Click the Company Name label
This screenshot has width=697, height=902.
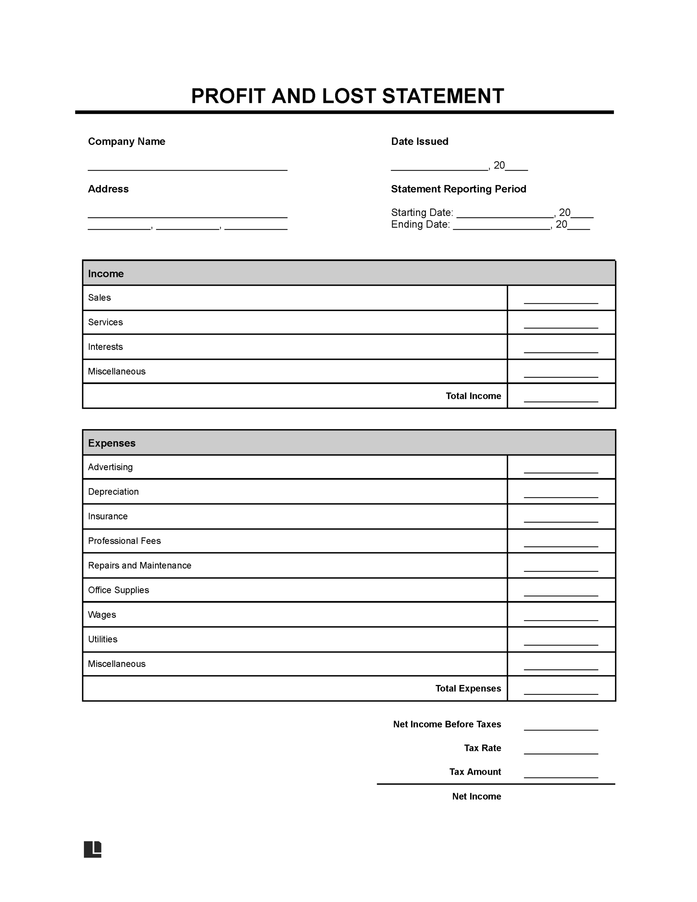[127, 142]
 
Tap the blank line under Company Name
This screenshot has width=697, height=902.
[187, 167]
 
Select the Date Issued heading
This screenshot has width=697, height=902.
[419, 142]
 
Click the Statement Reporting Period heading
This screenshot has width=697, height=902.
[458, 189]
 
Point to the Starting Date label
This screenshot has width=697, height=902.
[422, 213]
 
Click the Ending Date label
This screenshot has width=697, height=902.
[420, 225]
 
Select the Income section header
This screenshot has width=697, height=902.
[106, 274]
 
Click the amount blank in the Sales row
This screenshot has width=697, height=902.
[561, 300]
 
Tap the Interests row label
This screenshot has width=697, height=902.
[105, 347]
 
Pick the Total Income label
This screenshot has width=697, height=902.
[473, 396]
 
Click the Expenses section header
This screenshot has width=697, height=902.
[112, 443]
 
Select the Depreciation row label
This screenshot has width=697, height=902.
[113, 492]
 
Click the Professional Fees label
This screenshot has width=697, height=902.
[124, 541]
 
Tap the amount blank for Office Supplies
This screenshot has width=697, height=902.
[561, 593]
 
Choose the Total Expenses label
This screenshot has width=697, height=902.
[468, 688]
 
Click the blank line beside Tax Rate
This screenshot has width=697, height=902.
[561, 751]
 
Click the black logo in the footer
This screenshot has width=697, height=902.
[93, 849]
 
